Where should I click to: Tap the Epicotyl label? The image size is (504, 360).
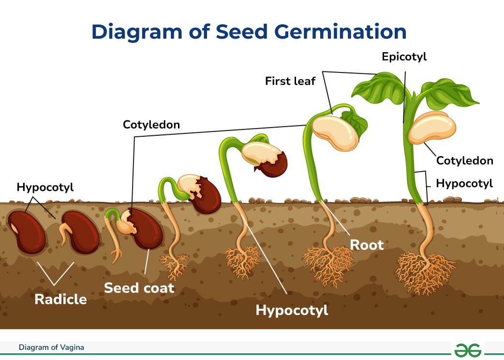click(404, 57)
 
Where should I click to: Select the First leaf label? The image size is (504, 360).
click(290, 81)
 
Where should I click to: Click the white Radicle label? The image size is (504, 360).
click(60, 299)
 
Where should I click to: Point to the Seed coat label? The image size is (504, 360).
click(139, 288)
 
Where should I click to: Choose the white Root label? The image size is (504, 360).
click(367, 245)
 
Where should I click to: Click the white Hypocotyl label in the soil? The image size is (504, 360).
click(292, 310)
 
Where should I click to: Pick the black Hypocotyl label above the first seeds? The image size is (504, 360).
click(45, 187)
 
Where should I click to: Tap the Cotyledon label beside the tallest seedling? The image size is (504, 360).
click(465, 160)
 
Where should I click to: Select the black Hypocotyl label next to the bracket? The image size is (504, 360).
click(464, 183)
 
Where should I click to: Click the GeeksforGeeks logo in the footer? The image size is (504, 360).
click(468, 348)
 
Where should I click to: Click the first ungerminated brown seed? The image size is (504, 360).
click(28, 232)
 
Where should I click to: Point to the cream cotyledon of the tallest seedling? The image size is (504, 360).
click(431, 127)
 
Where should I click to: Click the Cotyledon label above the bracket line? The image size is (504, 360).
click(151, 125)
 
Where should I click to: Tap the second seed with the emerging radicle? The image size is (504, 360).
click(81, 232)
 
